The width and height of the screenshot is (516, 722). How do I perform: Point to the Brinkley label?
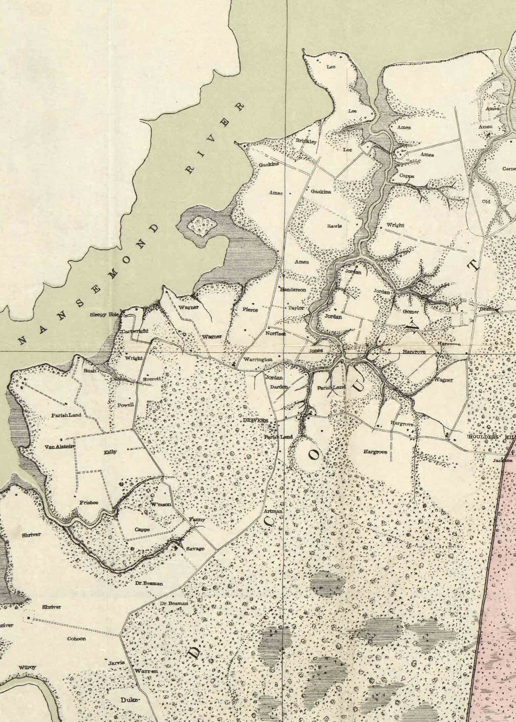pos(306,141)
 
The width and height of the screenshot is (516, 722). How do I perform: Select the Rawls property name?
pos(335,226)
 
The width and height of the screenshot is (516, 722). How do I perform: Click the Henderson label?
pos(293,290)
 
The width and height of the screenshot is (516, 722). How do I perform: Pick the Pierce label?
pos(250,310)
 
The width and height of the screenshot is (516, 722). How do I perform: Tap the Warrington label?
pos(257,360)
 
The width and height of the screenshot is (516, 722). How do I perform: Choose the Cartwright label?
pos(135,332)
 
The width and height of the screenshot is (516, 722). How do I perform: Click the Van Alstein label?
pos(59,447)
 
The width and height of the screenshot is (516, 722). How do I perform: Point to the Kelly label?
pos(110,452)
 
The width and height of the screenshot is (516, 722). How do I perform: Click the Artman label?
pos(273,511)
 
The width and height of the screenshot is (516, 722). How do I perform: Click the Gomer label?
pos(411,312)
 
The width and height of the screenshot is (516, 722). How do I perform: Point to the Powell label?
pos(125,405)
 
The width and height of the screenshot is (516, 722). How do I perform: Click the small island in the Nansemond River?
pos(199,223)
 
